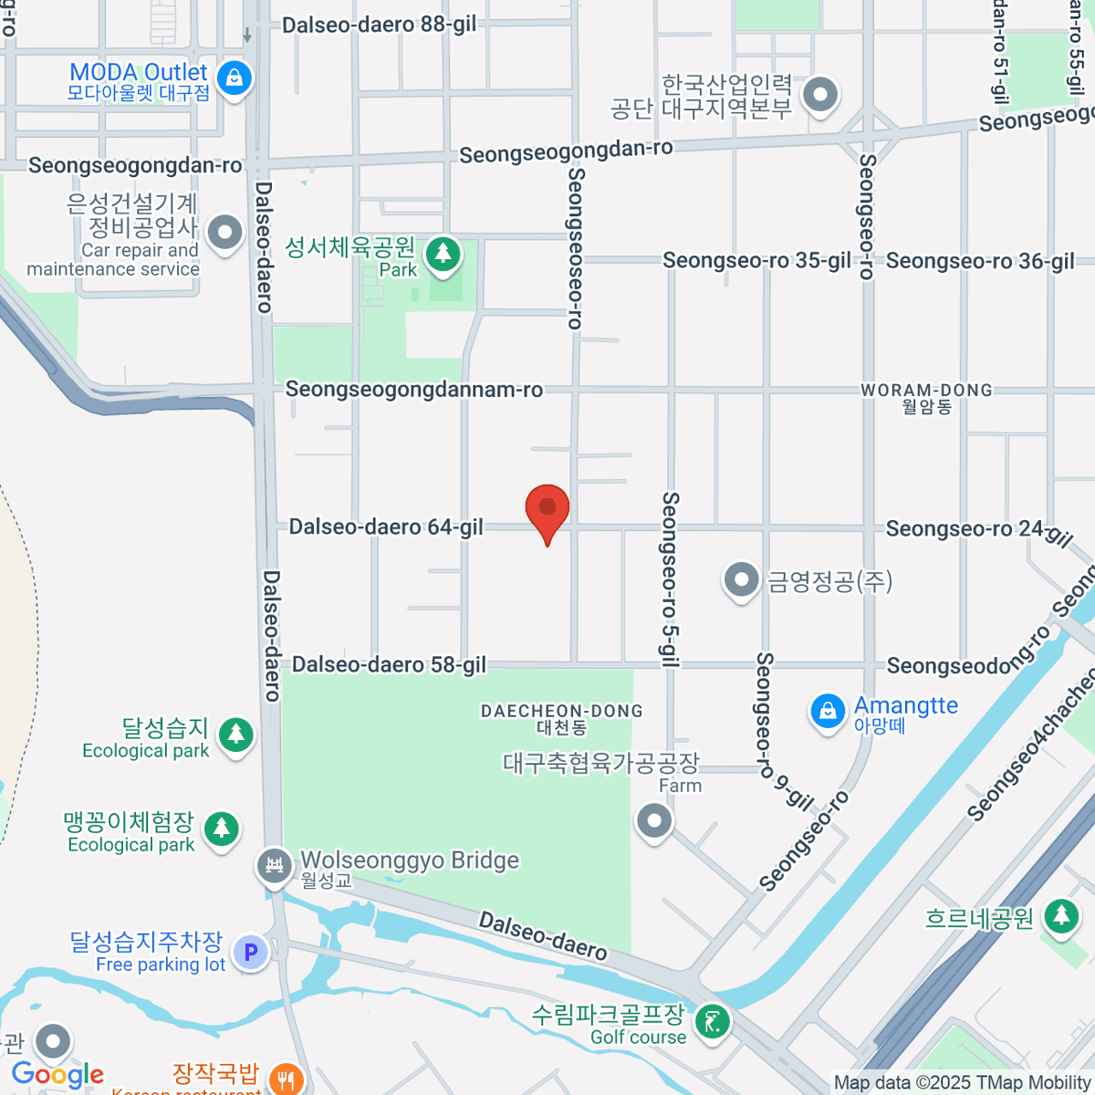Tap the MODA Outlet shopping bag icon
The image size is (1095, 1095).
tap(235, 78)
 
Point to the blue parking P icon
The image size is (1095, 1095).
tap(251, 953)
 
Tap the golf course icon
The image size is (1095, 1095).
tap(712, 1021)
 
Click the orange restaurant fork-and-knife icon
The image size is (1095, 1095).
tap(287, 1079)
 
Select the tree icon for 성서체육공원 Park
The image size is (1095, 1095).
tap(443, 253)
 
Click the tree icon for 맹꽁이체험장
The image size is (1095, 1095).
tap(222, 829)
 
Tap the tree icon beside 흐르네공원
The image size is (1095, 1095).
tap(1061, 915)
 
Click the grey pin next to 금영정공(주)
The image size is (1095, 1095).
tap(741, 579)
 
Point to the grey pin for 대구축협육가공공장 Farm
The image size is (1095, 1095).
tap(654, 820)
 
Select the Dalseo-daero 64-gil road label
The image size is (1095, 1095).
tap(386, 527)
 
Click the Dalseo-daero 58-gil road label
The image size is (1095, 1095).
tap(389, 664)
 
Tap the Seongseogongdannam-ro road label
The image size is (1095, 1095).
tap(414, 390)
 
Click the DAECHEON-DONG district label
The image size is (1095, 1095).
tap(562, 711)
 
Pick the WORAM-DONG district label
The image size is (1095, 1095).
tap(926, 391)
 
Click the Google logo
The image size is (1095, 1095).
tap(57, 1074)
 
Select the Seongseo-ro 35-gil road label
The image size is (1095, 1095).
tap(756, 261)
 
